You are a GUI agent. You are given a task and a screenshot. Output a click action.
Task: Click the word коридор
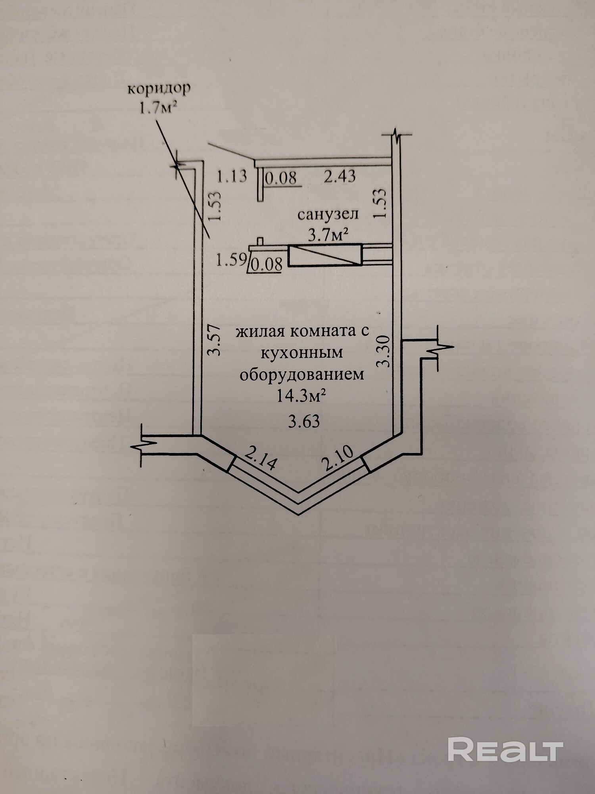click(159, 89)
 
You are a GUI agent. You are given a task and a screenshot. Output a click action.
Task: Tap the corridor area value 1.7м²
click(157, 108)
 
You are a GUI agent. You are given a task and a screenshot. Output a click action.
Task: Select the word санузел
click(328, 214)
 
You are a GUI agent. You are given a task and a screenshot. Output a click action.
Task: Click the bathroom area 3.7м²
click(328, 236)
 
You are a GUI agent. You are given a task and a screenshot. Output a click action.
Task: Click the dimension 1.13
click(232, 176)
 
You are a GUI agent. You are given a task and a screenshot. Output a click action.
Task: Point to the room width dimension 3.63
click(304, 422)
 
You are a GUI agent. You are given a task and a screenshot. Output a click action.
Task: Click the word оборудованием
click(301, 374)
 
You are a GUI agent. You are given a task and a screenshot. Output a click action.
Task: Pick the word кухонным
click(301, 353)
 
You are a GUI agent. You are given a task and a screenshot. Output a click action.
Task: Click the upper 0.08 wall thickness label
click(281, 177)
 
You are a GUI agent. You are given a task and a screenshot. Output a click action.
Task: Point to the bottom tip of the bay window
click(299, 513)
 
